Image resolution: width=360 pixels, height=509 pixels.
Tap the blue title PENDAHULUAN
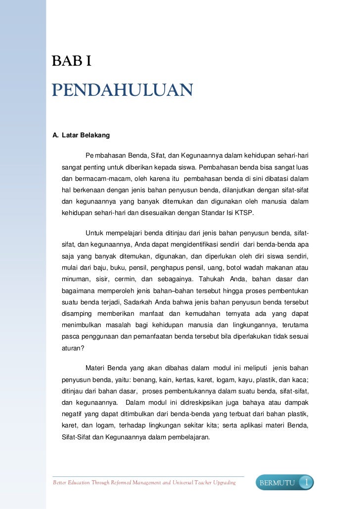(122, 91)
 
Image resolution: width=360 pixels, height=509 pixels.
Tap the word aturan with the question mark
(73, 347)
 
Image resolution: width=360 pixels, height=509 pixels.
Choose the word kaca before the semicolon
(301, 380)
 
